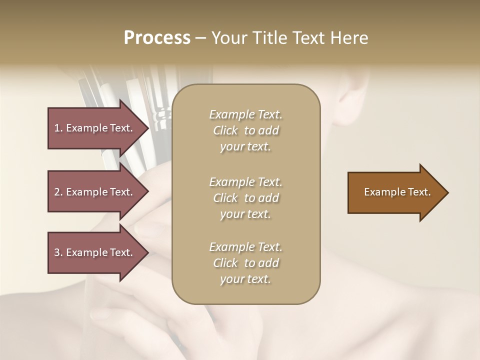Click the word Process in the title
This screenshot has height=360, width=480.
pyautogui.click(x=157, y=38)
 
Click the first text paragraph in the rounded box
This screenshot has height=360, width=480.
pyautogui.click(x=246, y=130)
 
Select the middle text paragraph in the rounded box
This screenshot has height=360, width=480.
pyautogui.click(x=246, y=198)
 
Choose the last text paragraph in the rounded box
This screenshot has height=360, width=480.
pyautogui.click(x=246, y=263)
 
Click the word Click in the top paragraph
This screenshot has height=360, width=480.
pyautogui.click(x=225, y=130)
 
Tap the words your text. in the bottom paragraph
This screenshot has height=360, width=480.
pyautogui.click(x=245, y=279)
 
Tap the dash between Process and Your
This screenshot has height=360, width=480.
pyautogui.click(x=201, y=38)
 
